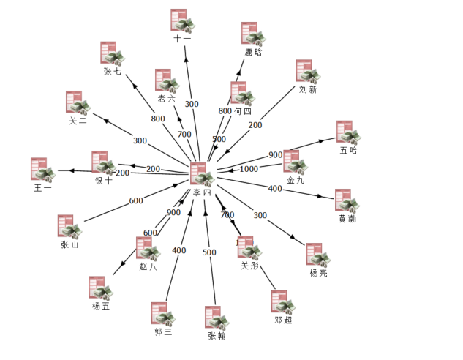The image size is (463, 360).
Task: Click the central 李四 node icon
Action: point(202,174)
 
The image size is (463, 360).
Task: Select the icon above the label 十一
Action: point(183,20)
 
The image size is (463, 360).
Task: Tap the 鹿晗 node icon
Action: point(253,34)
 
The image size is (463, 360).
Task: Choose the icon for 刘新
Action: point(308,71)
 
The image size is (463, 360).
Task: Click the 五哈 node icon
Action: point(348,132)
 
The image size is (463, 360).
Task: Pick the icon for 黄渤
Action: point(347,200)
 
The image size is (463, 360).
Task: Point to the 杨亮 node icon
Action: point(318,255)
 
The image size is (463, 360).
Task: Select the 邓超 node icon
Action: point(283,302)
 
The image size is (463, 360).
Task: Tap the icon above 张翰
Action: point(217,318)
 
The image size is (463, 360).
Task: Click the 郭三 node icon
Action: point(163,314)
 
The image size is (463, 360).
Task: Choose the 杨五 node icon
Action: point(101,288)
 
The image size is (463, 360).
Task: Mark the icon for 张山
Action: point(69,227)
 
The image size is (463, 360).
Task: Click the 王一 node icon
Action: point(43,169)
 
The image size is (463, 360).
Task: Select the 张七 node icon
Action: point(113,53)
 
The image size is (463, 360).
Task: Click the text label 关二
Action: point(78,121)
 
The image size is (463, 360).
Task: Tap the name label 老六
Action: point(166,98)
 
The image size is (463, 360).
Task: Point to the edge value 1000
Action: point(249,169)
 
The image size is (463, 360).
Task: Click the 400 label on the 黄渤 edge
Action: point(275,189)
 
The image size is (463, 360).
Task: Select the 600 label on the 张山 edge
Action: point(136,200)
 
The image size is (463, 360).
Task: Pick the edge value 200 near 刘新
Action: point(255,125)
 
